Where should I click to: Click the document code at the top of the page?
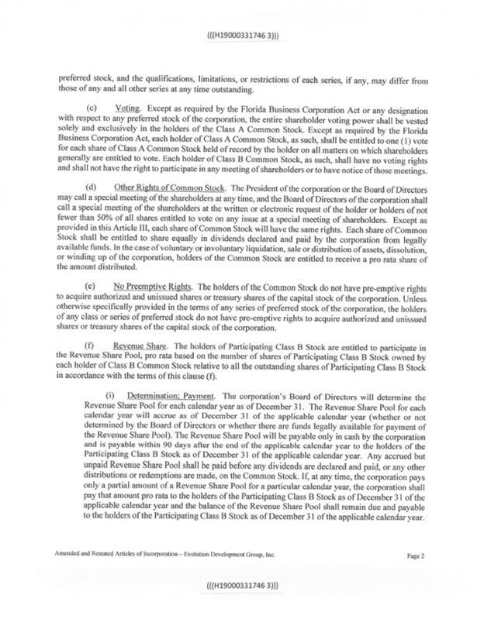[241, 36]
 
